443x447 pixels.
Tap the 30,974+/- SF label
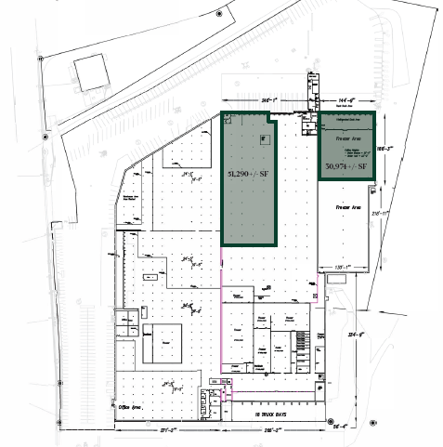point(347,166)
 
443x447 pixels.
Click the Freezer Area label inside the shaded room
point(346,135)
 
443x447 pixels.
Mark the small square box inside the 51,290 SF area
point(265,139)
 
